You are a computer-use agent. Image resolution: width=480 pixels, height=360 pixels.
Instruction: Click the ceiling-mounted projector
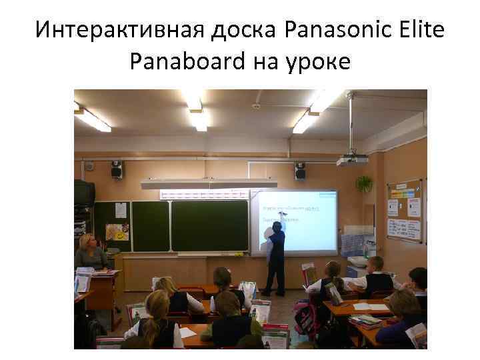pyautogui.click(x=352, y=160)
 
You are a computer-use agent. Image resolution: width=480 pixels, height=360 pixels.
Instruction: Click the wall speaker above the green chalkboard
pyautogui.click(x=117, y=169)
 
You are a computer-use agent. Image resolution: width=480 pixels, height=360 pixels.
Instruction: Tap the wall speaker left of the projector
pyautogui.click(x=300, y=171)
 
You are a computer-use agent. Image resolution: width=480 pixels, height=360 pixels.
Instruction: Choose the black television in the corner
pyautogui.click(x=83, y=193)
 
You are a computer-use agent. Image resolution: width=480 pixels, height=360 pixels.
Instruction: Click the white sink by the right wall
pyautogui.click(x=357, y=261)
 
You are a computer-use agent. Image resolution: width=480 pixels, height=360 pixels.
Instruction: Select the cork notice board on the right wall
pyautogui.click(x=405, y=210)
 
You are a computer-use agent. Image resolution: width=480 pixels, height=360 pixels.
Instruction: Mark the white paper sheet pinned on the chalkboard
pyautogui.click(x=121, y=210)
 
